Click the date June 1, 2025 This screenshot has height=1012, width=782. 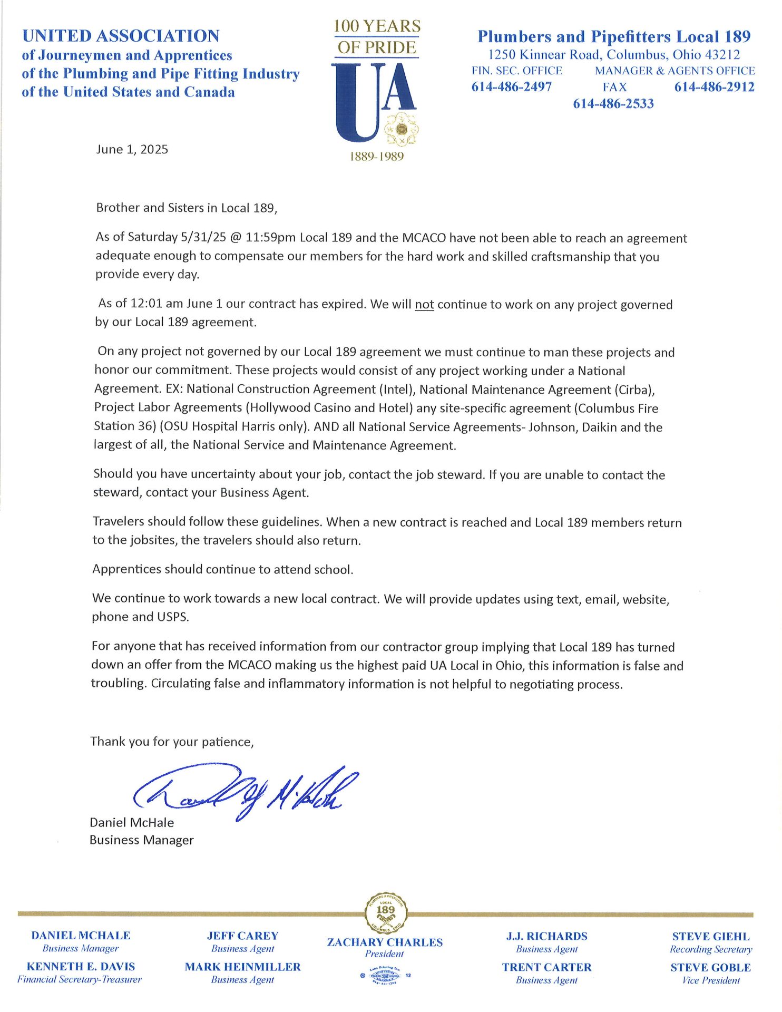pyautogui.click(x=132, y=149)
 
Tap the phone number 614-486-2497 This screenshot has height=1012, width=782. pyautogui.click(x=511, y=87)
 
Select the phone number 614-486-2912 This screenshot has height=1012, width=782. pyautogui.click(x=714, y=87)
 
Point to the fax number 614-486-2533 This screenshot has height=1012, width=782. pyautogui.click(x=613, y=103)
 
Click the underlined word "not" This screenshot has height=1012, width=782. pyautogui.click(x=424, y=305)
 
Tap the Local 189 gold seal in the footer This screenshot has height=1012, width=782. pyautogui.click(x=386, y=912)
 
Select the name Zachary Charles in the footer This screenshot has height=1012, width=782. pyautogui.click(x=385, y=942)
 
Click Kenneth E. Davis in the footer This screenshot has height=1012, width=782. pyautogui.click(x=81, y=967)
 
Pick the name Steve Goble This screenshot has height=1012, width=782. pyautogui.click(x=710, y=968)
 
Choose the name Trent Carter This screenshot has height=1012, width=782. pyautogui.click(x=546, y=967)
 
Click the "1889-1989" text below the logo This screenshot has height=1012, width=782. pyautogui.click(x=377, y=157)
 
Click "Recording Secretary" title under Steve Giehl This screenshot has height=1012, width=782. pyautogui.click(x=710, y=949)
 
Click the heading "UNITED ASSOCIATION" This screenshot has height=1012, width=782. pyautogui.click(x=121, y=36)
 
